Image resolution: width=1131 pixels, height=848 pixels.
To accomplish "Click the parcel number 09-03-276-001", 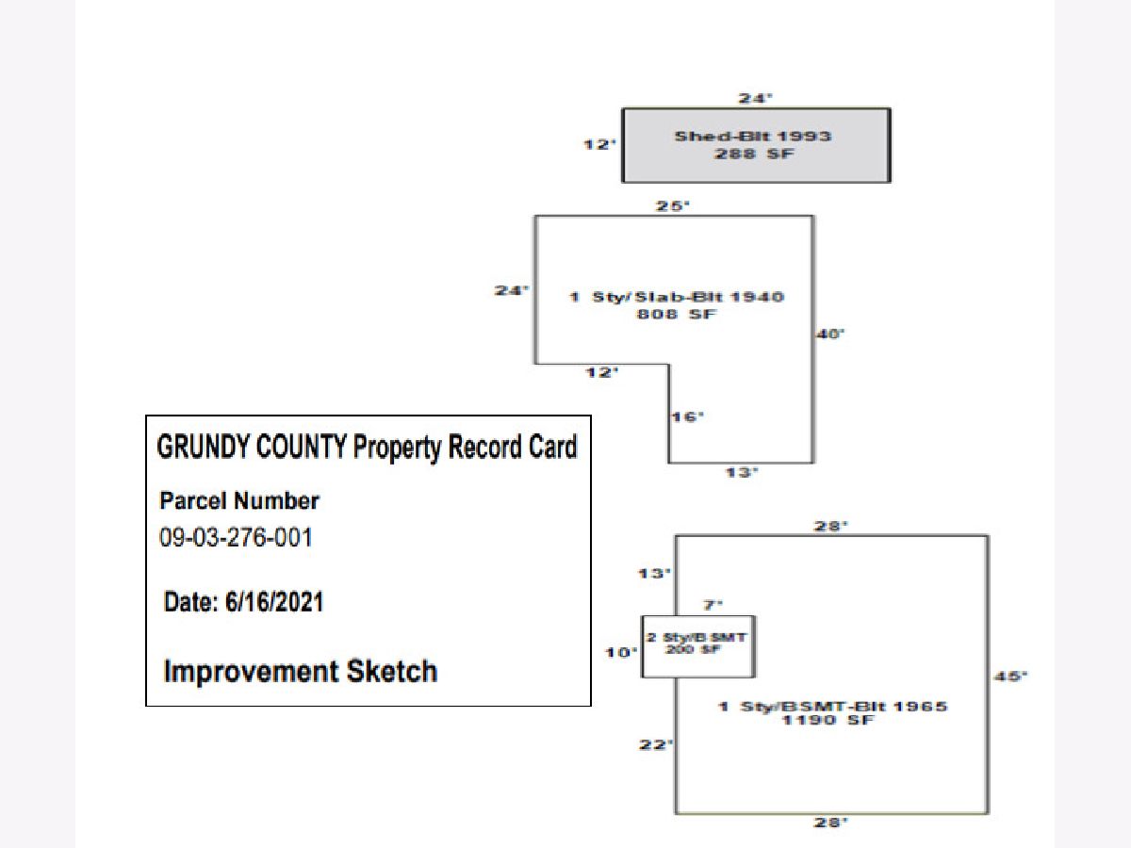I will (x=236, y=538).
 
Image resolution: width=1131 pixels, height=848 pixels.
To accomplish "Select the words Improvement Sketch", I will (x=300, y=672).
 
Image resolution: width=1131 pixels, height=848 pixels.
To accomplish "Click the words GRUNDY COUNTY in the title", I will (x=252, y=447).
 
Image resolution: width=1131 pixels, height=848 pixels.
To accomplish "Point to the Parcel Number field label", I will (x=239, y=501).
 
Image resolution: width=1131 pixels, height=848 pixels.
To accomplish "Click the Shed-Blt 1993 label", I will (x=752, y=137).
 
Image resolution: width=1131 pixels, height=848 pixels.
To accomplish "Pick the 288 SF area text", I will (x=752, y=154).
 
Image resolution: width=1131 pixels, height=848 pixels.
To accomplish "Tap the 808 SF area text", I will (x=676, y=315).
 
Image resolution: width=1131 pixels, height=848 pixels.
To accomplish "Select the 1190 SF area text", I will (x=833, y=721).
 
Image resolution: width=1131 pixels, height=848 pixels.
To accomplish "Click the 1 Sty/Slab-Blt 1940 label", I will (x=676, y=298).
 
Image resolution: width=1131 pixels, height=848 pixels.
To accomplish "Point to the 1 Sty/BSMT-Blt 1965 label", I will (x=833, y=706).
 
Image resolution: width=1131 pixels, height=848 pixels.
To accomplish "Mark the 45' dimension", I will (x=1010, y=676).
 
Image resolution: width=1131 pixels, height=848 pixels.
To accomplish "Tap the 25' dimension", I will (x=673, y=204).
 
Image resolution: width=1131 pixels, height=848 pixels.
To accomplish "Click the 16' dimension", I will (x=688, y=416).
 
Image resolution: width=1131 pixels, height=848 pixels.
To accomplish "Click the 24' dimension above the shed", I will (x=755, y=97).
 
